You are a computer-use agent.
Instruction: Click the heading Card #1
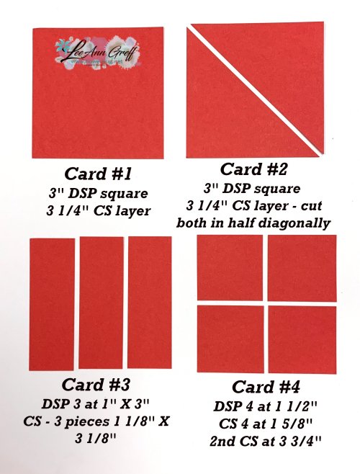click(99, 174)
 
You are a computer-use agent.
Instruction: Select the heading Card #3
click(98, 384)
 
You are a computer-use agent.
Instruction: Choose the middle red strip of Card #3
click(101, 303)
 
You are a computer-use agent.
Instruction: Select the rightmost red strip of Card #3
click(150, 303)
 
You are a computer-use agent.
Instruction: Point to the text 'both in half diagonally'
click(253, 223)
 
